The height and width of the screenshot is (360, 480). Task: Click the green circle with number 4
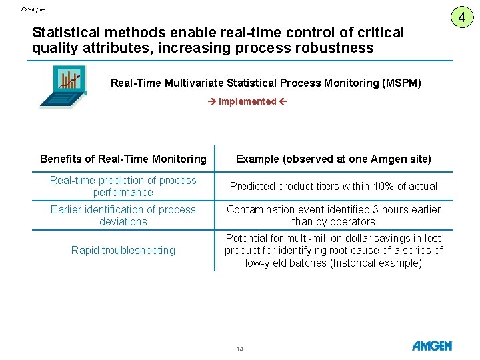coord(461,17)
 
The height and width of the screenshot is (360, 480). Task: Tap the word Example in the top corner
coord(33,9)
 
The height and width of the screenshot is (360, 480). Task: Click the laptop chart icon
coord(63,86)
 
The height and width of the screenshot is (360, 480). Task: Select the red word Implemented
coord(247,101)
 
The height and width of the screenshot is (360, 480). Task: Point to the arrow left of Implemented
coord(212,101)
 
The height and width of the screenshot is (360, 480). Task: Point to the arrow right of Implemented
coord(283,101)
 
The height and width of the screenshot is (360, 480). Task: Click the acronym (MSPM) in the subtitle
coord(401,83)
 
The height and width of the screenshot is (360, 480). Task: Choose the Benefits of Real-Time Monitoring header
coord(123,159)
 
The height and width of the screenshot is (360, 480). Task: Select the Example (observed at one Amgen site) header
coord(333,159)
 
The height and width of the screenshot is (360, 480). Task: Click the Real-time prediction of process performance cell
coord(123,186)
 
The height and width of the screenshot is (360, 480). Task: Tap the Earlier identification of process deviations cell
coord(123,215)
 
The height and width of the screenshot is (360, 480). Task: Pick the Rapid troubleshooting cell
coord(123,251)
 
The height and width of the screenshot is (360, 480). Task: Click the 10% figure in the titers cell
coord(383,186)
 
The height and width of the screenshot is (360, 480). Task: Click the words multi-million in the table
coord(309,239)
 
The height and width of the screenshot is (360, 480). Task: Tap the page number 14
coord(240,349)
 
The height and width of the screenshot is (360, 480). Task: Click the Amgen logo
coord(432,346)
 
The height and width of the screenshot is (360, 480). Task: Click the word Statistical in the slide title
coord(66,33)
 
